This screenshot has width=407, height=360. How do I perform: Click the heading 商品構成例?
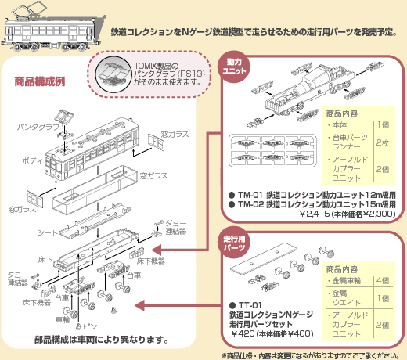click(39, 81)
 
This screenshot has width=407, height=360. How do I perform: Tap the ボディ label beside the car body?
click(32, 159)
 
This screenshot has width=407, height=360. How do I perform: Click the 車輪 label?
click(63, 319)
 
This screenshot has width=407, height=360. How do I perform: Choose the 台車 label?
click(63, 299)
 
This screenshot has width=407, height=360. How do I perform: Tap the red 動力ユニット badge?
click(236, 66)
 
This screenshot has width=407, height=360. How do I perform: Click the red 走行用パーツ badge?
click(236, 241)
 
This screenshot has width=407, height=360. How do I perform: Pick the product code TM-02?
click(250, 205)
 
